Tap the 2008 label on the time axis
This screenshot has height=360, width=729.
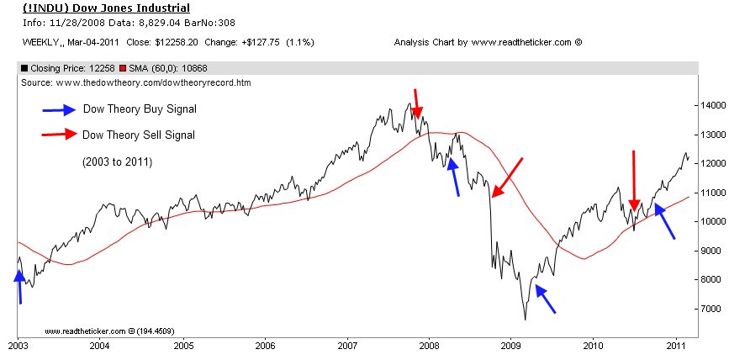coord(429,345)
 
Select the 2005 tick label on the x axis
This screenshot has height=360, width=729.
coord(182,345)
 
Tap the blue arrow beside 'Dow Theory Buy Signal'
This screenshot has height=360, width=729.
coord(58,109)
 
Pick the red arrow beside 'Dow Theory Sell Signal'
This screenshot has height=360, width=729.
coord(58,135)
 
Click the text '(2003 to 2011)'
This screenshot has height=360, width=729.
coord(117,161)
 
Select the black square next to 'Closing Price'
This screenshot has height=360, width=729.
coord(24,68)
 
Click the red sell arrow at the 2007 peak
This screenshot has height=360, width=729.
coord(417,103)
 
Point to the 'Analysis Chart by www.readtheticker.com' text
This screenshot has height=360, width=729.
coord(488,41)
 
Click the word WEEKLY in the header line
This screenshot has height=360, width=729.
coord(36,41)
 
